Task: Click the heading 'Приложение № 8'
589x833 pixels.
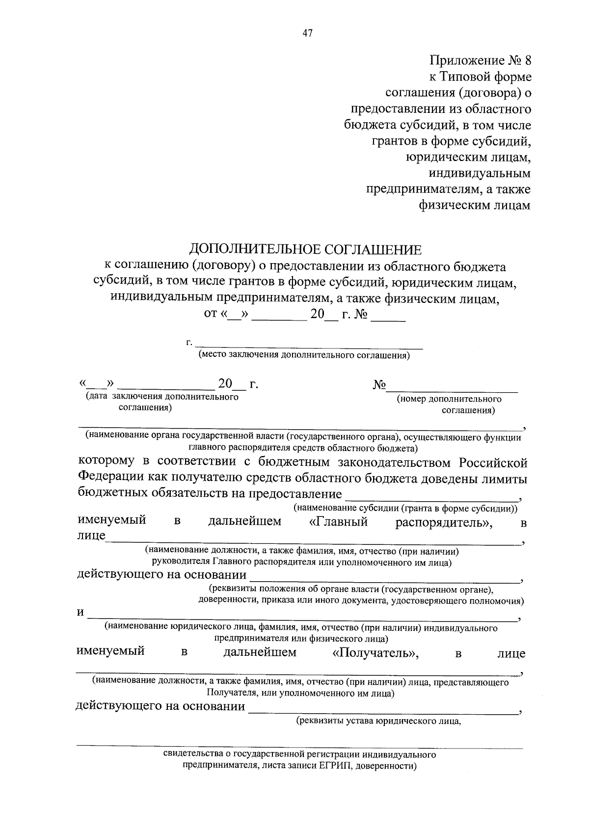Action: [x=480, y=60]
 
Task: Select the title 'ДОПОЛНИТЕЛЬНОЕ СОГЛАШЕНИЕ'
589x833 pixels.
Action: [x=305, y=249]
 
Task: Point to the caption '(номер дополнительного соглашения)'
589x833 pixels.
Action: [x=449, y=404]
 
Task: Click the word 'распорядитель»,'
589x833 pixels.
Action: [x=444, y=522]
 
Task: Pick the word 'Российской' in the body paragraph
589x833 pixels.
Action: [x=493, y=463]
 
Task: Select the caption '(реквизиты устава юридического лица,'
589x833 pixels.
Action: [x=378, y=721]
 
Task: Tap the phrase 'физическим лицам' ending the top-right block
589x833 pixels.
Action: [x=474, y=205]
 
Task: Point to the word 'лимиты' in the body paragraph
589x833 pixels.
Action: [x=506, y=478]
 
